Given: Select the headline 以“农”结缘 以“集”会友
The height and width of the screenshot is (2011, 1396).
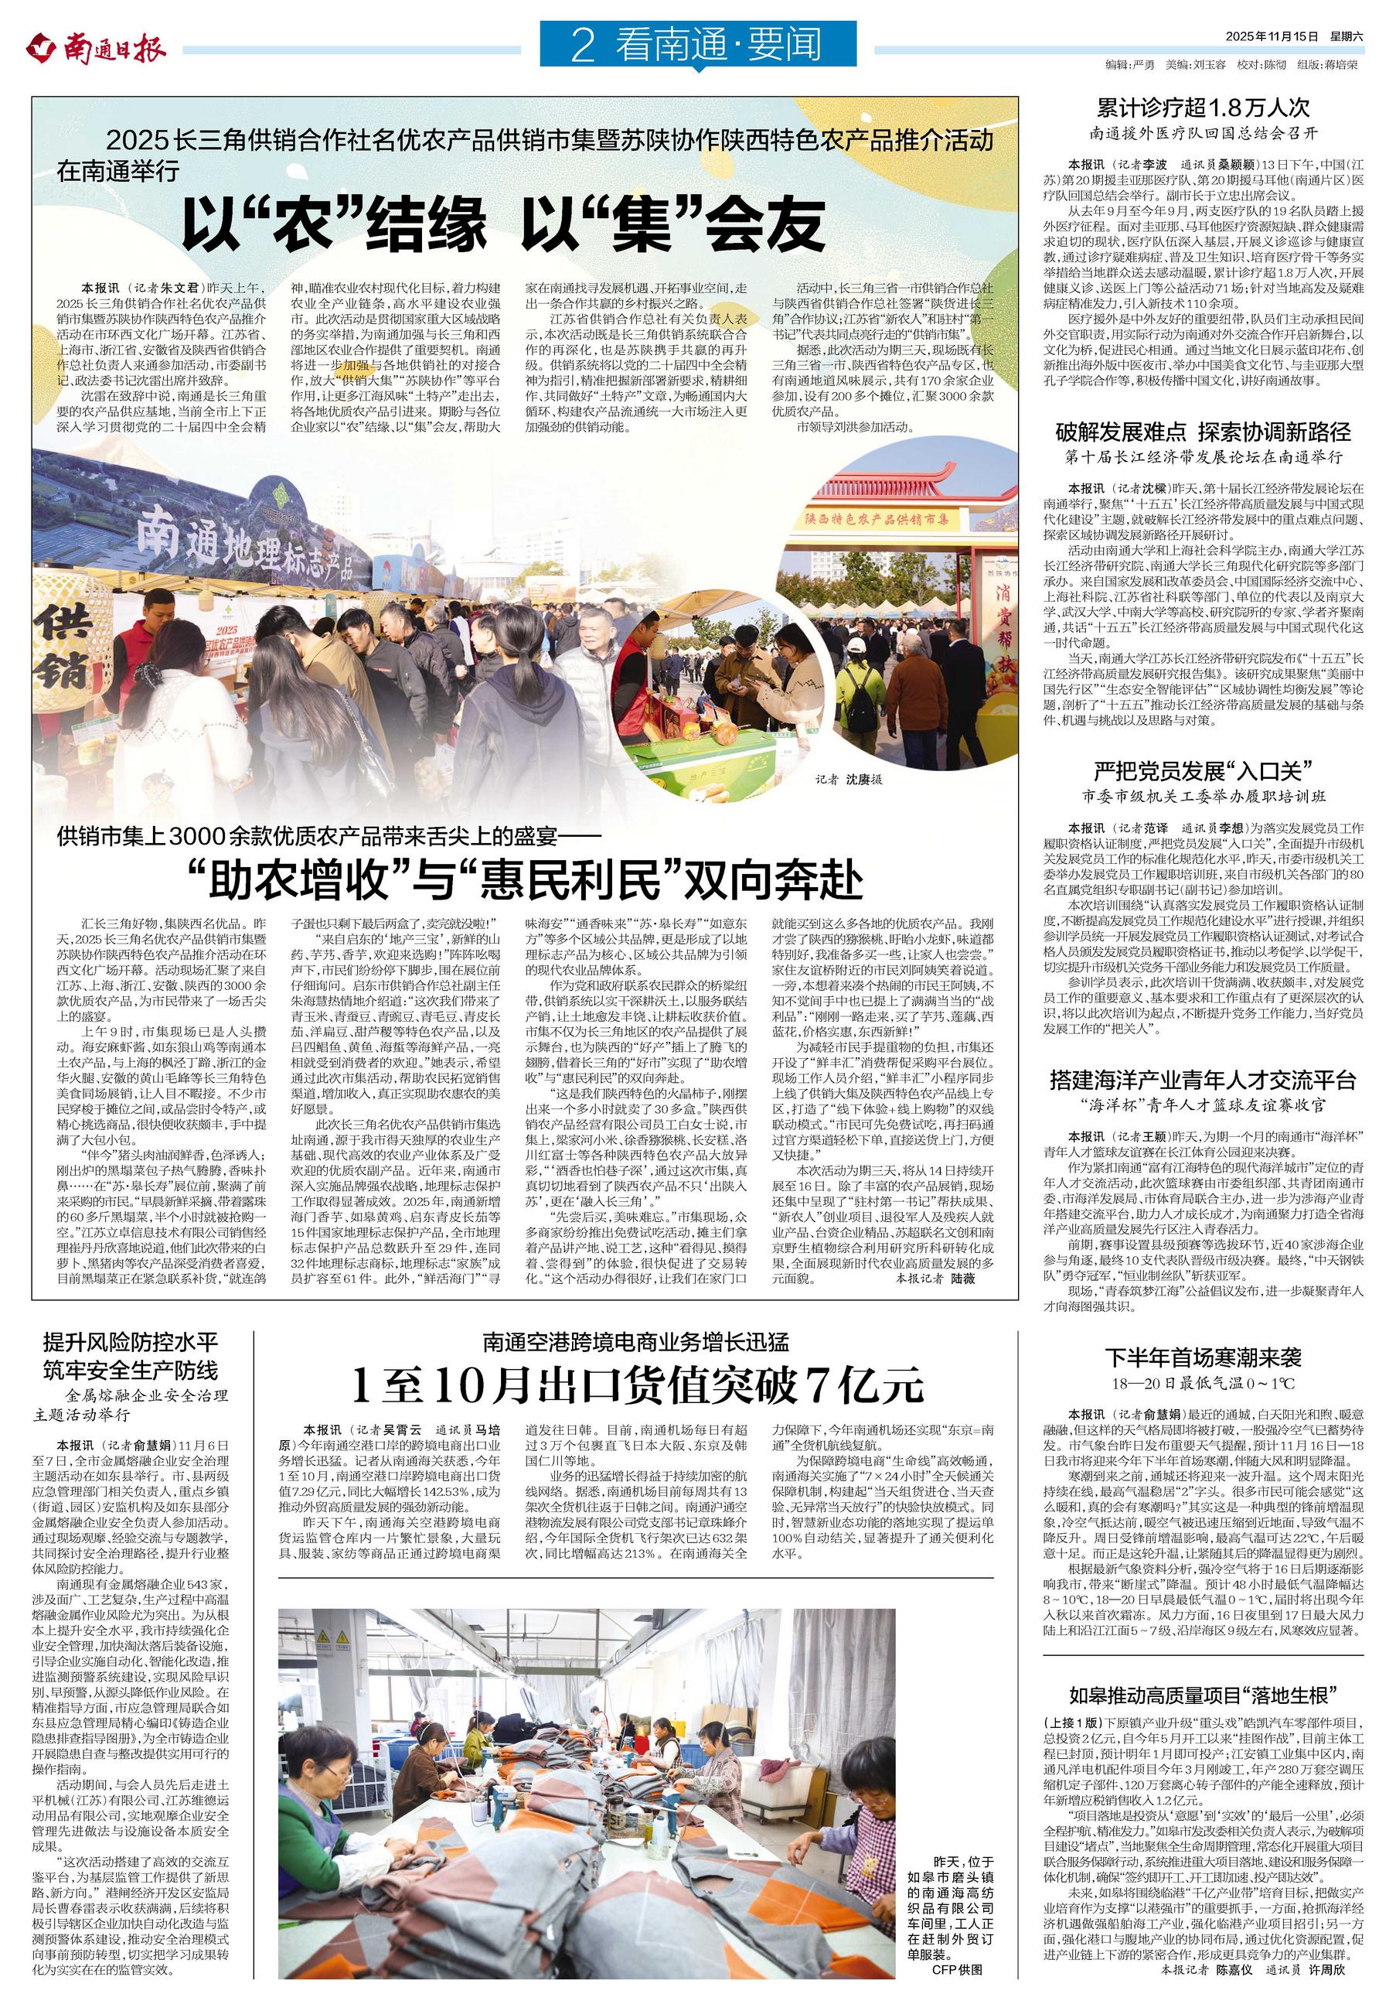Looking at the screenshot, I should pos(504,226).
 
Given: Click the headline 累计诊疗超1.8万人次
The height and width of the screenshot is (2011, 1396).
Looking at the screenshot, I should pos(1204,108).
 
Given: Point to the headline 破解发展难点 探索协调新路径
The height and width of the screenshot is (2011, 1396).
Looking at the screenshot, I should pos(1204,431).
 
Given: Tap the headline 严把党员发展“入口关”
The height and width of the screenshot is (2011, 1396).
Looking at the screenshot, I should pos(1204,771).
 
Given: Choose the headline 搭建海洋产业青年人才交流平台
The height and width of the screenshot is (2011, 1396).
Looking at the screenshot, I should pos(1204,1079).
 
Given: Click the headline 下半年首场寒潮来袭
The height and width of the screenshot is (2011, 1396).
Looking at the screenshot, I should pos(1204,1357).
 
